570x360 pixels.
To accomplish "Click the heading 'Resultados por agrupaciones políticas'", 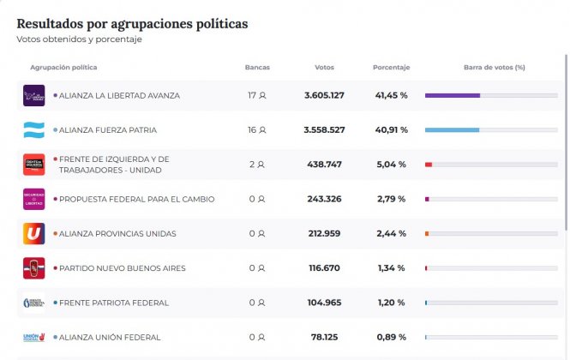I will click(x=132, y=23).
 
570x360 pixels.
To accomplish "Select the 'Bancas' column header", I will click(x=257, y=67).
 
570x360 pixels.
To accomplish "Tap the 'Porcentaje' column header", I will click(x=391, y=67).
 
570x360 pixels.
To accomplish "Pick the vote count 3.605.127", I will click(x=324, y=95).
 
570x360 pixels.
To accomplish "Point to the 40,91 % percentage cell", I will click(x=391, y=130).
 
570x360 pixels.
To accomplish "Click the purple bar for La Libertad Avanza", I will click(x=453, y=95).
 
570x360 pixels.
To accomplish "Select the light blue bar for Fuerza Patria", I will click(x=452, y=130).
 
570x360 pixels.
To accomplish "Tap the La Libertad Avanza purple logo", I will click(x=33, y=95).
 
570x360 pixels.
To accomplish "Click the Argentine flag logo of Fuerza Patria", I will click(x=33, y=130).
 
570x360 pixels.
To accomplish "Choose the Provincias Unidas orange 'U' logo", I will click(x=33, y=233).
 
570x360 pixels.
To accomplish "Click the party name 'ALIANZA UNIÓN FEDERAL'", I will click(x=110, y=338).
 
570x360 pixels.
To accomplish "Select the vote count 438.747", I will click(x=324, y=164).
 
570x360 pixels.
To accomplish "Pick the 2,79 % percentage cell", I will click(x=391, y=199).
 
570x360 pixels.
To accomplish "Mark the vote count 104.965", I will click(x=324, y=303).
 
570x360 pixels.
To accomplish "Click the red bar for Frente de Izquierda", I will click(x=429, y=164).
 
